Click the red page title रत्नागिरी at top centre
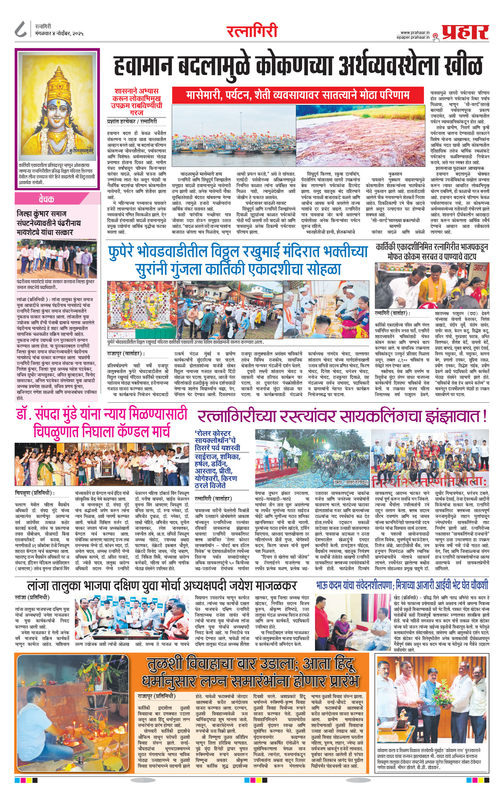point(252,31)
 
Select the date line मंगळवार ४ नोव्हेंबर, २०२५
point(59,34)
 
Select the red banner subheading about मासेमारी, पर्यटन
point(298,95)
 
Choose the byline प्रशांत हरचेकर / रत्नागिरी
point(132,121)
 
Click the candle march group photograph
point(101,464)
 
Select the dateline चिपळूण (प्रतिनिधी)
point(35,493)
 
